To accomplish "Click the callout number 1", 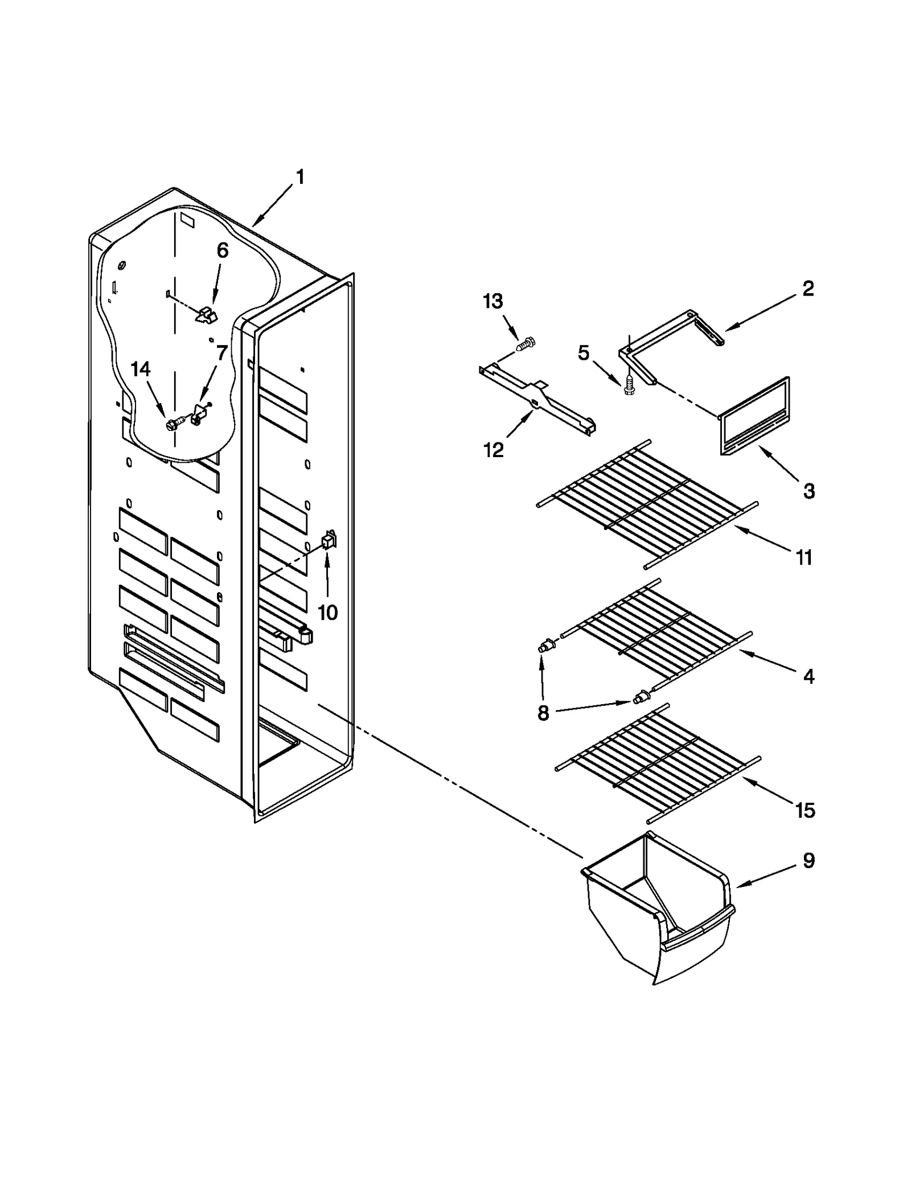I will click(x=300, y=177).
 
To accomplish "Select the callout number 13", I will click(x=493, y=301).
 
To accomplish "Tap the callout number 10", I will click(x=327, y=613).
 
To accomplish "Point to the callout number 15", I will click(x=805, y=810).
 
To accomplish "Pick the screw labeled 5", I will click(x=629, y=386).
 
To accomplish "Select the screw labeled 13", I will click(x=527, y=343).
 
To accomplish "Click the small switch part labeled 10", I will click(x=329, y=539).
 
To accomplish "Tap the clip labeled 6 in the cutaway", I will click(x=206, y=314).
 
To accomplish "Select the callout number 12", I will click(x=494, y=450).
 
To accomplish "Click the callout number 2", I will click(x=808, y=289).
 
